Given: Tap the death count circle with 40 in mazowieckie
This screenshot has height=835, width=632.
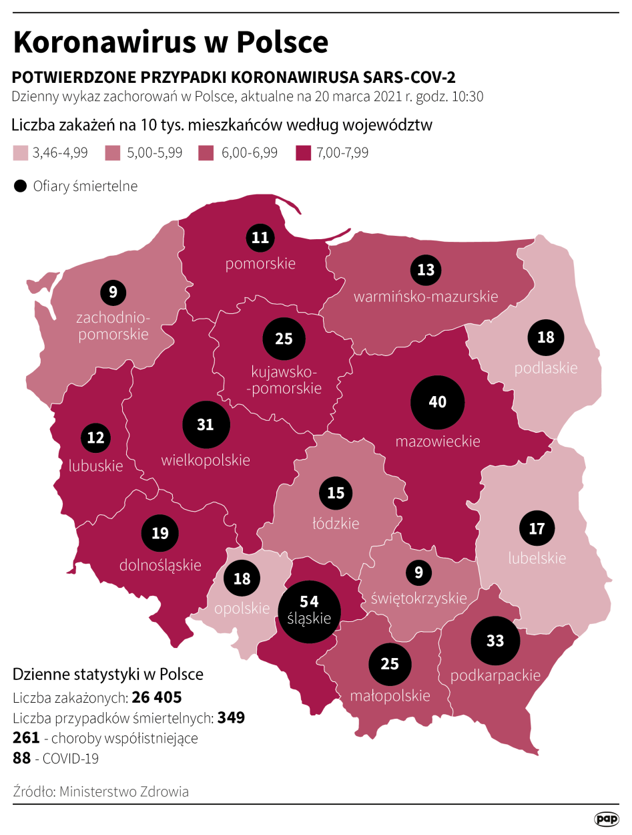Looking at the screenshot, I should click(x=437, y=402).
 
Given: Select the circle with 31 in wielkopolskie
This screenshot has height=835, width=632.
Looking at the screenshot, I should click(x=206, y=425).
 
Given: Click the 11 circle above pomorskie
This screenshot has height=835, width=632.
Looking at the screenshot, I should click(x=260, y=237).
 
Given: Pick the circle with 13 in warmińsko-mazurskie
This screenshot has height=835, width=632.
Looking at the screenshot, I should click(x=426, y=270).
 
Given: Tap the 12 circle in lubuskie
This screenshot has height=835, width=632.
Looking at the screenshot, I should click(x=95, y=438).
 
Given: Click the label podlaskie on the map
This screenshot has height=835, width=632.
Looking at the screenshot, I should click(x=546, y=368).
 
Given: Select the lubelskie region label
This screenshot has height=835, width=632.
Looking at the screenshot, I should click(x=537, y=558).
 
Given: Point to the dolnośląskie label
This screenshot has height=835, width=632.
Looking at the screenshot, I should click(x=160, y=565).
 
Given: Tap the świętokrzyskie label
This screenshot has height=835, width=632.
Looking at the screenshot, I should click(x=419, y=597).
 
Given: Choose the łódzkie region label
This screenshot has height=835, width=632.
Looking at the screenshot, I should click(x=336, y=523).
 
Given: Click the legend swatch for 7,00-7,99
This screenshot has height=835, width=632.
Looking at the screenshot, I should click(x=303, y=153).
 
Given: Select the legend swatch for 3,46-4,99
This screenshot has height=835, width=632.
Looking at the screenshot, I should click(x=21, y=153).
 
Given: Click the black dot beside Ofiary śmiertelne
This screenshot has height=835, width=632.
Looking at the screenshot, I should click(x=21, y=186).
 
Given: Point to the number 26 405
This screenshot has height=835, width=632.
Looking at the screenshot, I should click(x=157, y=698).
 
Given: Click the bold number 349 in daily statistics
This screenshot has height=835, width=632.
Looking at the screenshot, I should click(x=232, y=718).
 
